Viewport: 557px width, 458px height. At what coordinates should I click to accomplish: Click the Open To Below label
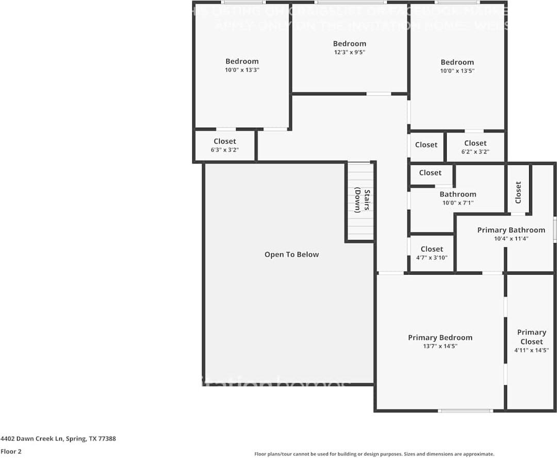[291, 255]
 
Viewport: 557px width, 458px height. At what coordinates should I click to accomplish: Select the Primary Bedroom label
[440, 337]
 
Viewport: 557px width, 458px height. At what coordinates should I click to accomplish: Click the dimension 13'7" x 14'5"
[440, 346]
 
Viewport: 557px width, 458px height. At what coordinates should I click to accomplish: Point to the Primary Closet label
[531, 337]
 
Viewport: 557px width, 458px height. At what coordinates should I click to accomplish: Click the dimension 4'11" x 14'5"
[531, 350]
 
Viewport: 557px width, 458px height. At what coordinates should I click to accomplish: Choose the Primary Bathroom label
[511, 230]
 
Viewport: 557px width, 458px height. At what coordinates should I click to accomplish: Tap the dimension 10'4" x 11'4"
[511, 239]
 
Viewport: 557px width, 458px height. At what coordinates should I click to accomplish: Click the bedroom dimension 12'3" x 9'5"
[349, 52]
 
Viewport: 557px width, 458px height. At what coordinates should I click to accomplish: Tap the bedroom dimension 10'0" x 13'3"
[242, 70]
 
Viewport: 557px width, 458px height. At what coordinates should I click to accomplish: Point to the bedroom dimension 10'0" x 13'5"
[457, 71]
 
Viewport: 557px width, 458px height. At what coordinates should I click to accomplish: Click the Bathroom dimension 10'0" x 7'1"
[457, 203]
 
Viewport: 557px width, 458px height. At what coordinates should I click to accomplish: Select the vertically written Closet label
[518, 192]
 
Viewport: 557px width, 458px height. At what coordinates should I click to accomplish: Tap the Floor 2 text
[11, 451]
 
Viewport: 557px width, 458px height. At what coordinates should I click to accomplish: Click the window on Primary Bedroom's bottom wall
[465, 411]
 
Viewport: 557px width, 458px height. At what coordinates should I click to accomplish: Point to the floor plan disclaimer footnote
[374, 454]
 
